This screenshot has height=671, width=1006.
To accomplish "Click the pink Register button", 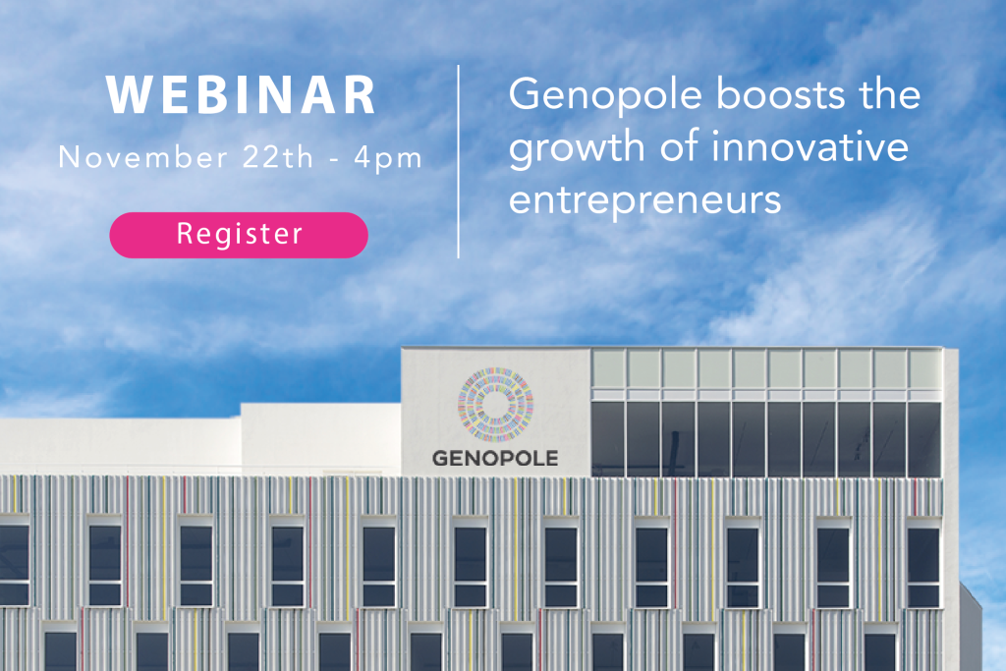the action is click(239, 235).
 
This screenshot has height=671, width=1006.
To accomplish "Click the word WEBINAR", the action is click(242, 95).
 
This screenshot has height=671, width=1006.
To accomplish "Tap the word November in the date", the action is click(142, 157).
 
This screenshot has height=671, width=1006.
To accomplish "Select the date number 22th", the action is click(278, 157).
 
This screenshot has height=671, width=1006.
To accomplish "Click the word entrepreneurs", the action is click(644, 200).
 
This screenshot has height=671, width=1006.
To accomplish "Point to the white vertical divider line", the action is click(458, 162).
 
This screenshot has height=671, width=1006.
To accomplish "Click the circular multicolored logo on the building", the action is click(495, 405).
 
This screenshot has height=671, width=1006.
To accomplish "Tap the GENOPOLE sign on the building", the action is click(495, 458).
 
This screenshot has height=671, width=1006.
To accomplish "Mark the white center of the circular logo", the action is click(495, 405).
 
